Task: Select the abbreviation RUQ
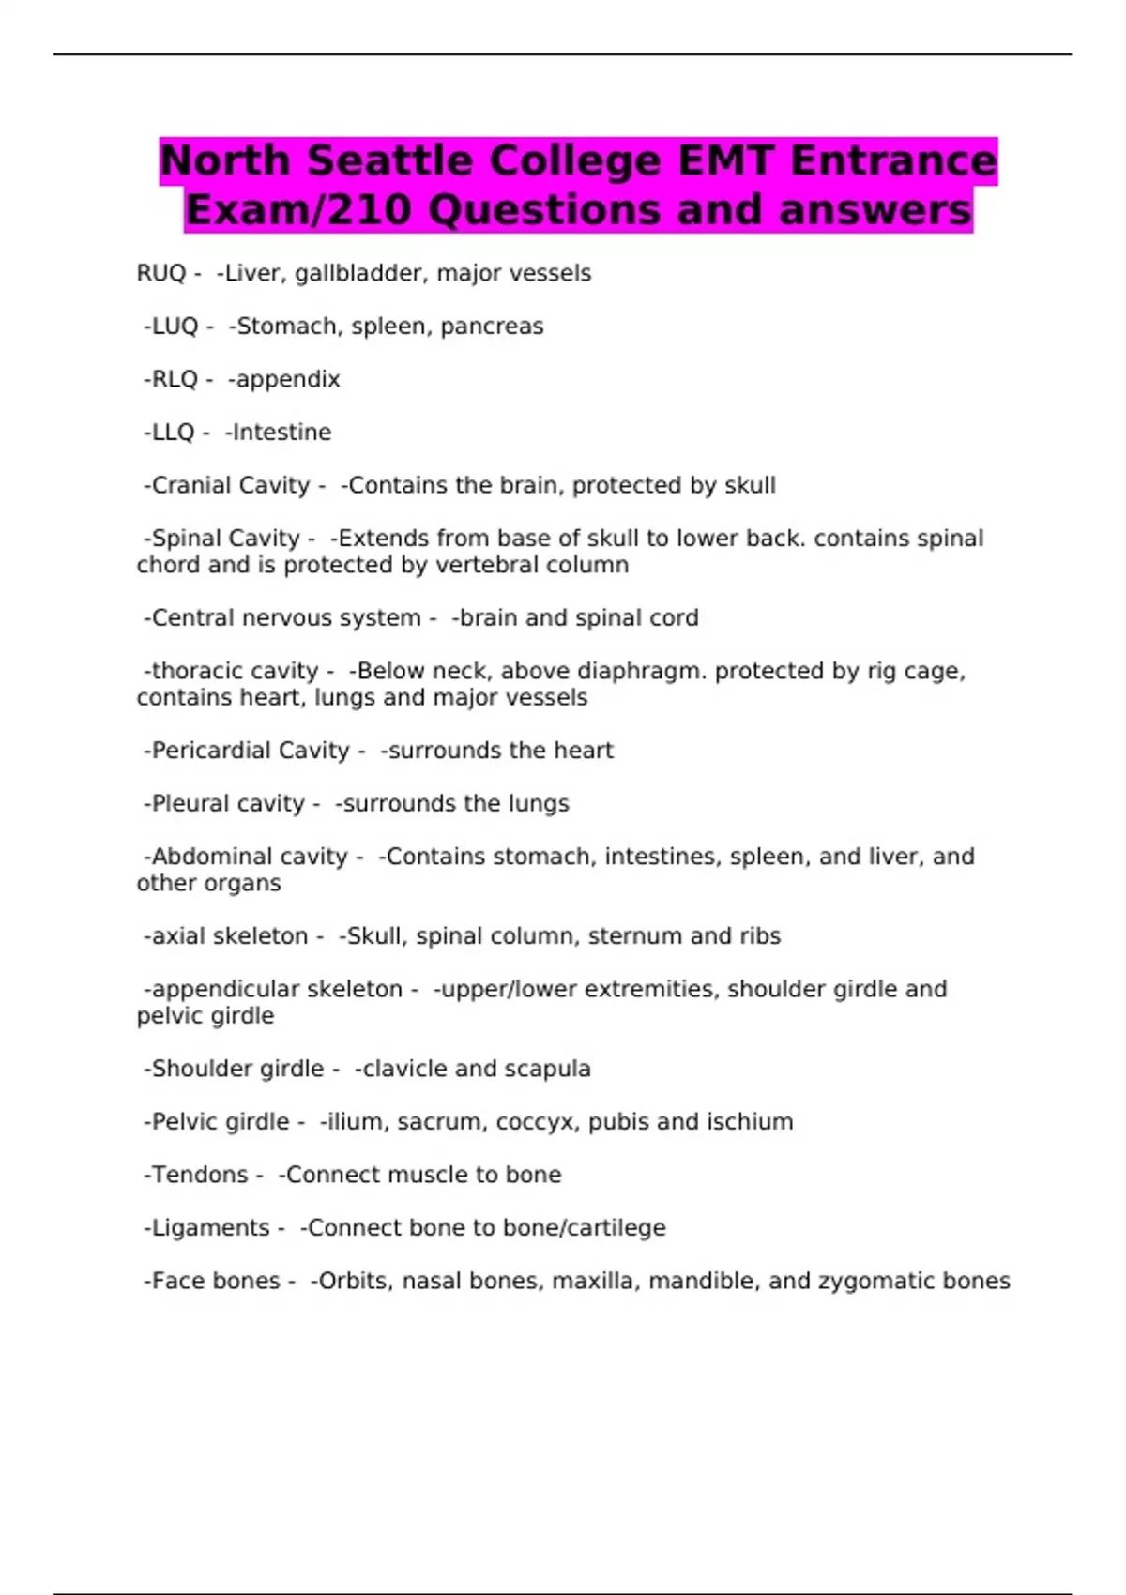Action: (161, 273)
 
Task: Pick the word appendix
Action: (288, 379)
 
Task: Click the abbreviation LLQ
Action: (174, 433)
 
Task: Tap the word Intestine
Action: (281, 433)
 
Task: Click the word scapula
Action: (552, 1069)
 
